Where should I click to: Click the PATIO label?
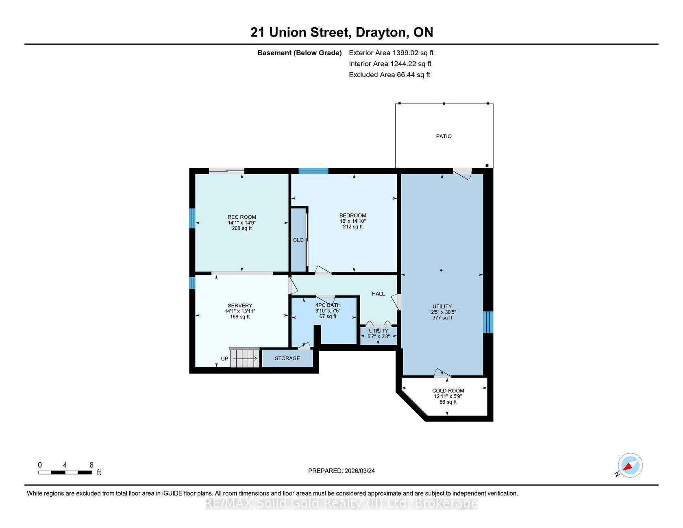tap(444, 136)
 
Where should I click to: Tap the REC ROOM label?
tap(241, 217)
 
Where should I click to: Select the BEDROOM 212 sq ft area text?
tap(352, 227)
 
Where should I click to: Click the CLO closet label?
tap(298, 240)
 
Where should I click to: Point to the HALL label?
tap(378, 293)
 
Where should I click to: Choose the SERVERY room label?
tap(240, 305)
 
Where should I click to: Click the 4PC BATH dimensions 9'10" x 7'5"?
tap(328, 311)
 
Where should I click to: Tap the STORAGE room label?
tap(287, 358)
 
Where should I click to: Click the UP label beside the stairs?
tap(224, 359)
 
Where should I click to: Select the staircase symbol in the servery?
tap(245, 358)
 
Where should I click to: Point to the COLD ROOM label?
tap(448, 391)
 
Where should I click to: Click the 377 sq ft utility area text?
tap(442, 318)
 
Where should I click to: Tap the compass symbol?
tap(630, 465)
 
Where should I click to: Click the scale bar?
tap(65, 472)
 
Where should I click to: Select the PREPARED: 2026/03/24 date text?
tap(341, 471)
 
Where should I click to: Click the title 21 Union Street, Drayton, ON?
tap(341, 32)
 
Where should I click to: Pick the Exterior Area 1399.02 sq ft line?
tap(391, 53)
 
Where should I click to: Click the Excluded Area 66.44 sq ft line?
tap(389, 75)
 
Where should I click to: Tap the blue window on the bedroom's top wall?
tap(313, 171)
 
